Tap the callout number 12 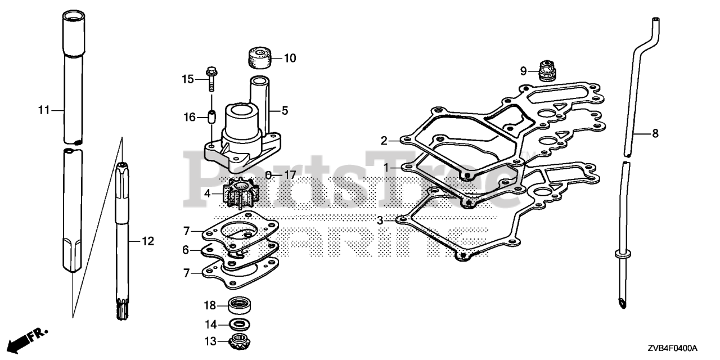click(x=147, y=242)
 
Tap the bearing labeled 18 click(x=240, y=306)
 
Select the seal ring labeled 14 click(x=239, y=324)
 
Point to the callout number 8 click(x=655, y=134)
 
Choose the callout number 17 click(x=289, y=175)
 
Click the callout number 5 click(x=285, y=111)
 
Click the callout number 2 click(x=384, y=141)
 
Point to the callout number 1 click(x=386, y=168)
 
